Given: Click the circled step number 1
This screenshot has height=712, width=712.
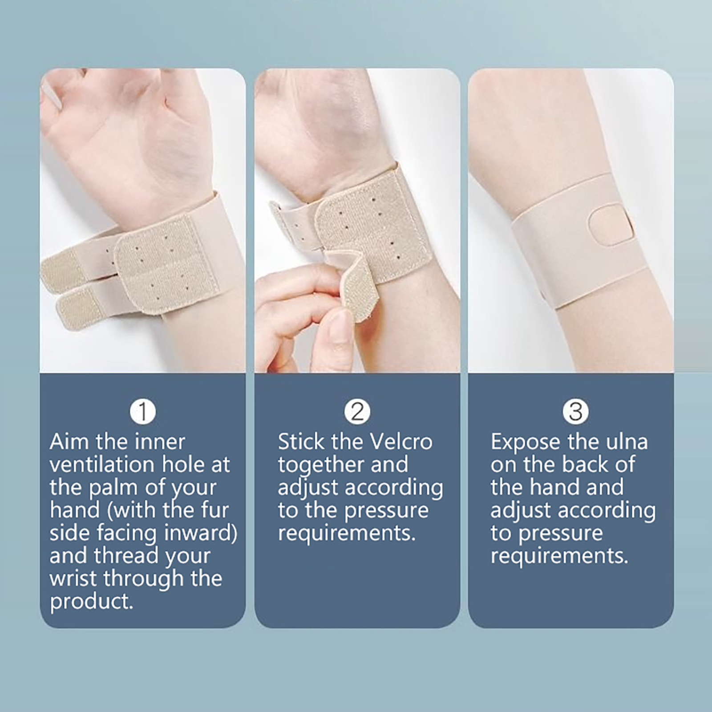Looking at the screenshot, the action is tap(143, 411).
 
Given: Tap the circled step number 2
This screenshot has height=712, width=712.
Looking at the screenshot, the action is tap(357, 411).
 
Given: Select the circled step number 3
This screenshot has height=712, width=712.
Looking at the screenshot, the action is tap(575, 411).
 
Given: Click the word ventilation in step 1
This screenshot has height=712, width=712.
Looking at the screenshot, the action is tap(103, 465).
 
